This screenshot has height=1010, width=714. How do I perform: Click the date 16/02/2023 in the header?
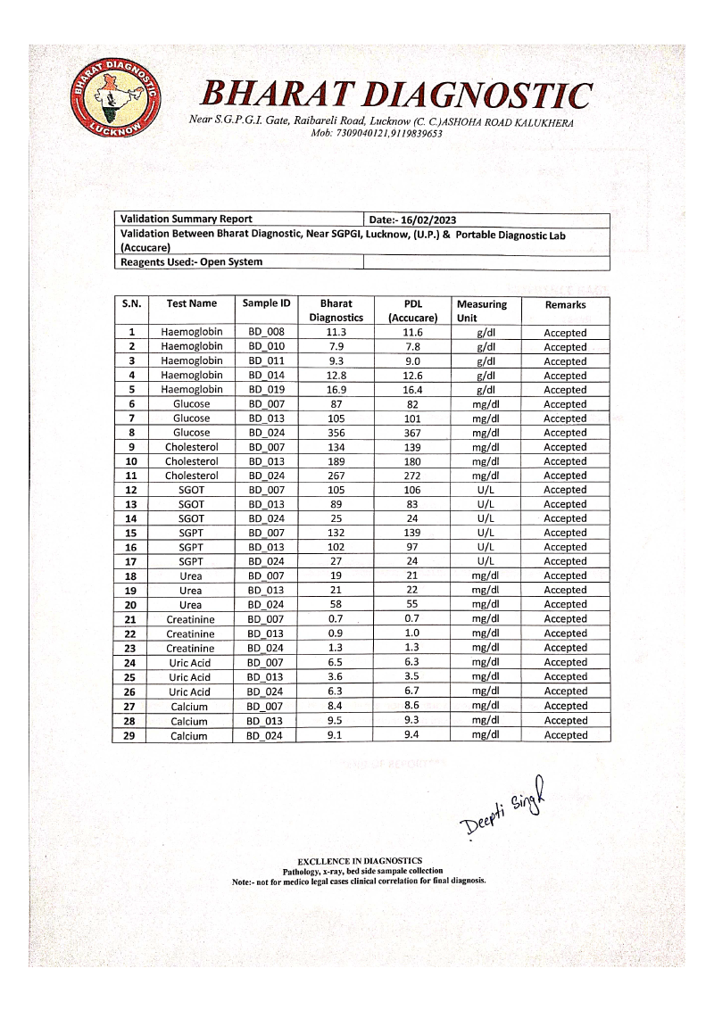(428, 219)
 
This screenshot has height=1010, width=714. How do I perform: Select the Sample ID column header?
(266, 304)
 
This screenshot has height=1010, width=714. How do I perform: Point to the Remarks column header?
(565, 305)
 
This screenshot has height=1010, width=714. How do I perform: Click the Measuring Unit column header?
(481, 310)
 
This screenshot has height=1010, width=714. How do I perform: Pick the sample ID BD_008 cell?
(266, 333)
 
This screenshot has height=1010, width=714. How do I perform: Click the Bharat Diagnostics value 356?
(336, 433)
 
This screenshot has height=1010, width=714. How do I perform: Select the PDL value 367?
(412, 433)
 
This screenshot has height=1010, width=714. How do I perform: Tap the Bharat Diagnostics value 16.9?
(336, 390)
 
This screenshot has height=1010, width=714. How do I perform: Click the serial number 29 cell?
(131, 736)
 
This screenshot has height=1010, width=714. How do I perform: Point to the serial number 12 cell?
(131, 490)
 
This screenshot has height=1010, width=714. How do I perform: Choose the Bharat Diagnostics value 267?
(336, 476)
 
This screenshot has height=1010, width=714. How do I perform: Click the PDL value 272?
(412, 476)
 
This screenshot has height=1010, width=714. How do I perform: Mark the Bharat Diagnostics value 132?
(336, 533)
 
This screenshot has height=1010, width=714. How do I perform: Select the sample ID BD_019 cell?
(266, 390)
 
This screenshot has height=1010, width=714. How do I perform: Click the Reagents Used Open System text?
(191, 262)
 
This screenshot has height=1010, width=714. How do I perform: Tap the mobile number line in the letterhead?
(376, 133)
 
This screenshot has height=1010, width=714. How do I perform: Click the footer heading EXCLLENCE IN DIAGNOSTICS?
(360, 861)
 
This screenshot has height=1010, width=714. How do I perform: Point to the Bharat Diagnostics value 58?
(336, 605)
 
